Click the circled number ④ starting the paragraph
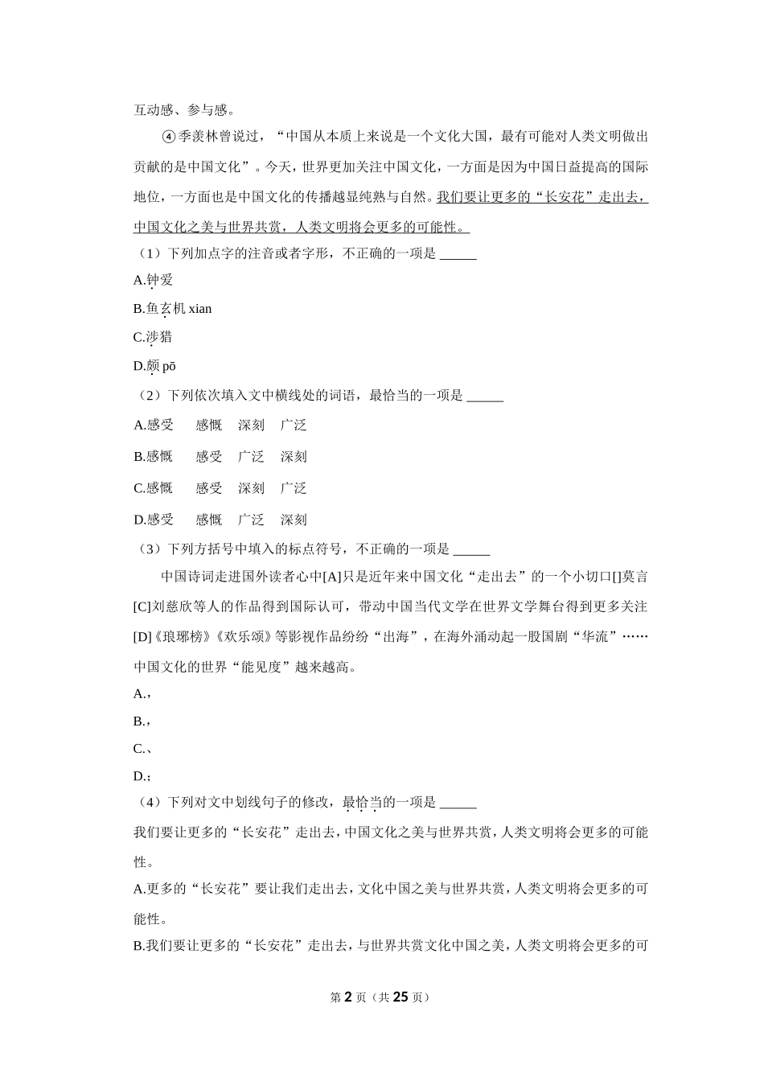tap(168, 137)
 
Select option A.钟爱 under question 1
tap(154, 280)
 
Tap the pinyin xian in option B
tap(200, 309)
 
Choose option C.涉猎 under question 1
tap(154, 337)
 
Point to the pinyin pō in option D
tap(169, 367)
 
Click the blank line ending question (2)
tap(485, 397)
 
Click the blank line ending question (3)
tap(471, 551)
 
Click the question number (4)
tap(150, 803)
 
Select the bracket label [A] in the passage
tap(331, 577)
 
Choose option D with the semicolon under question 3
tap(142, 776)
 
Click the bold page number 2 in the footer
tap(348, 997)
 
